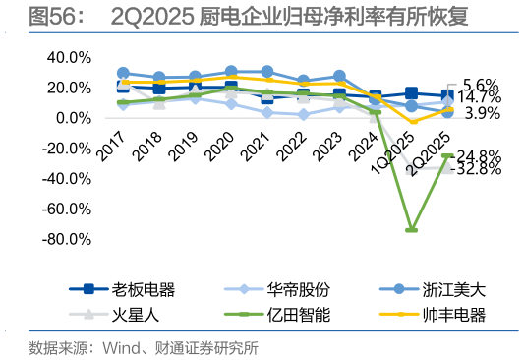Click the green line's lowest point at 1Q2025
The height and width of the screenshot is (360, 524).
click(411, 230)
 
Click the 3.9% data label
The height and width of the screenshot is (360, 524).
click(483, 114)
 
